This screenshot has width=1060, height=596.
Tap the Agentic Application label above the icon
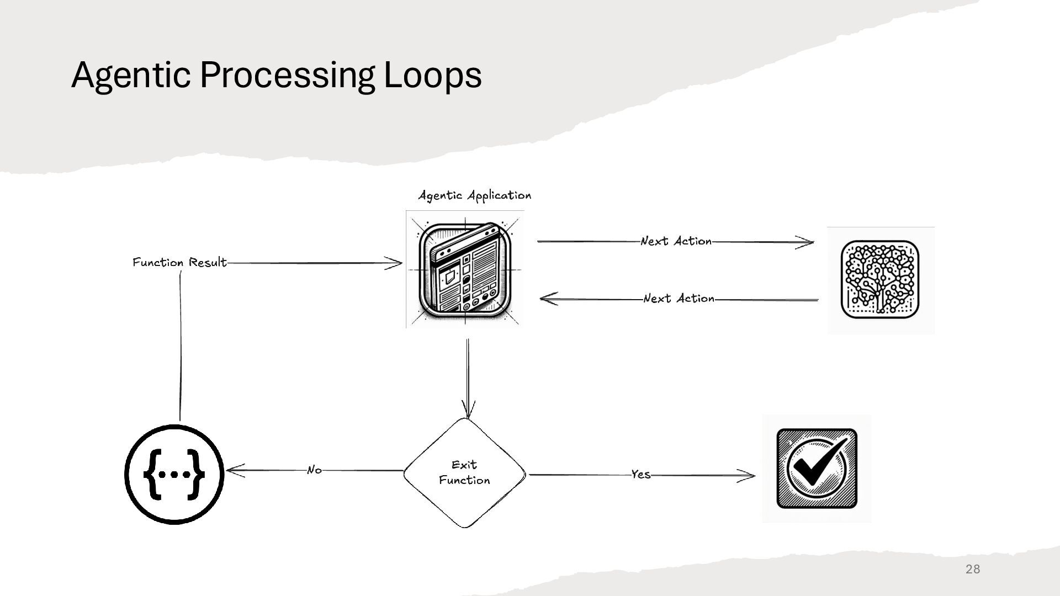[x=474, y=195]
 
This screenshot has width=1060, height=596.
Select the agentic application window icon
[x=465, y=269]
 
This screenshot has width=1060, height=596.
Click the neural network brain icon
[x=880, y=280]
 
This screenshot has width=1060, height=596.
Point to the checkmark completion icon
[x=817, y=469]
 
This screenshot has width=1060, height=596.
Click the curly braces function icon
[x=174, y=474]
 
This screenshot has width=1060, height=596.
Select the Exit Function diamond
[x=464, y=473]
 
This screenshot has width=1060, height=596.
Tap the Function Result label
[x=179, y=262]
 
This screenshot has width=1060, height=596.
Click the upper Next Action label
[x=676, y=241]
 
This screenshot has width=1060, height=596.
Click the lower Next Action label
[x=679, y=299]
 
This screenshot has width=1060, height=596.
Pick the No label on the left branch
[x=314, y=470]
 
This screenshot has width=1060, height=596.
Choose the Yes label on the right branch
[x=640, y=475]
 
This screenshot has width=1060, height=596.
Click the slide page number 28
[x=973, y=569]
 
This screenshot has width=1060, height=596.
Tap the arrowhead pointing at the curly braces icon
[x=233, y=471]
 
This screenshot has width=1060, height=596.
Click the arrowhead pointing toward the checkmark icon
[x=749, y=476]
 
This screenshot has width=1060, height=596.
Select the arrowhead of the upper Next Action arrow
[x=807, y=242]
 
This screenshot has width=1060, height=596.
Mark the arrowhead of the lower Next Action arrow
[x=547, y=299]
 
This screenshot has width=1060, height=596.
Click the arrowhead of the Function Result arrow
[x=396, y=263]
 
